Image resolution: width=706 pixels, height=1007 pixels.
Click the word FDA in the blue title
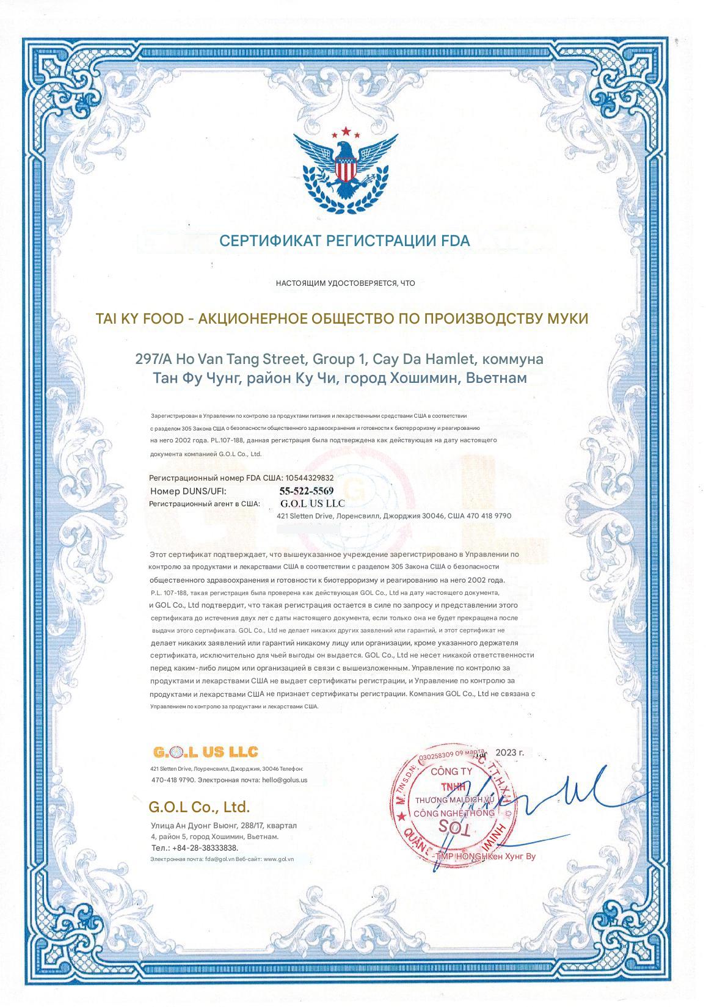(456, 241)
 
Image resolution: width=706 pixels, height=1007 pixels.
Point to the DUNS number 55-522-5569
(306, 491)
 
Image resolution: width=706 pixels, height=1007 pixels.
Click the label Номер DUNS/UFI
(187, 491)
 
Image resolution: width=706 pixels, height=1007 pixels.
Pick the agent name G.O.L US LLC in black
(312, 504)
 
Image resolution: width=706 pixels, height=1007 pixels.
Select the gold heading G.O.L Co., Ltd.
(199, 807)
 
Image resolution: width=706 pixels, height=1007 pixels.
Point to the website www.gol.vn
(278, 859)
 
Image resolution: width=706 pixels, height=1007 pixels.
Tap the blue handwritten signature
(550, 794)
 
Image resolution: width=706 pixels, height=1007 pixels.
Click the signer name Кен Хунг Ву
(512, 857)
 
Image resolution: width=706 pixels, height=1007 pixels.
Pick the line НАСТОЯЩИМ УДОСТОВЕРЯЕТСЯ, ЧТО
(345, 283)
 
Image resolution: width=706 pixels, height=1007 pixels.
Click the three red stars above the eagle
(346, 131)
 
